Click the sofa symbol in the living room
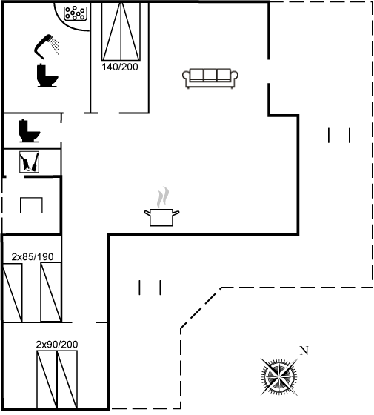point(210,79)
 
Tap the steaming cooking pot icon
point(162,207)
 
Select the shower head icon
point(47,46)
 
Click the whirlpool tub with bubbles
point(76,13)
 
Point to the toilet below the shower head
point(47,76)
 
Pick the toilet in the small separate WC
point(30,130)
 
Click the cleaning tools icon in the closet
point(29,162)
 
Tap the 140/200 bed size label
point(120,67)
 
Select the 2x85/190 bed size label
point(33,256)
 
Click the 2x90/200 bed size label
point(57,345)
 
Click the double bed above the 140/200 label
point(121,31)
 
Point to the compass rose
point(279,376)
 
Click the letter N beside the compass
point(304,351)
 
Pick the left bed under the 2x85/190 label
point(12,293)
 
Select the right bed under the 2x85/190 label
point(51,293)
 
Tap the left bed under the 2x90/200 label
point(47,379)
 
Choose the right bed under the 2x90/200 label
point(67,379)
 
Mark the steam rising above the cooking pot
point(163,197)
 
